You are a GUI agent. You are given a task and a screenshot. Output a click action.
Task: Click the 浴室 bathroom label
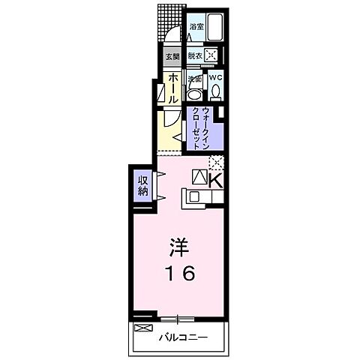pos(195,26)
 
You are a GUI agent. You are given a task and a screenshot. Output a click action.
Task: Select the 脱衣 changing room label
pos(195,55)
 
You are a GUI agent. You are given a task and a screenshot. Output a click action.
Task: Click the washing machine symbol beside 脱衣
pos(212,54)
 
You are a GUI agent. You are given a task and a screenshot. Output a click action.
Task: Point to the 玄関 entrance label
pos(172,56)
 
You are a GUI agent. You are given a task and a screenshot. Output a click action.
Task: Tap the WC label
pos(215,77)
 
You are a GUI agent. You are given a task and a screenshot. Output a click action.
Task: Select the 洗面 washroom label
pos(195,78)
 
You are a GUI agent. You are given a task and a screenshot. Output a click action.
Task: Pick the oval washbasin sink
pos(193,94)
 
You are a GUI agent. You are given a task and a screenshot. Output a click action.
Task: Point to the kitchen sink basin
pos(193,196)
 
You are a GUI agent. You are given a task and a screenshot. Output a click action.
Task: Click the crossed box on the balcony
pos(142,328)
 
